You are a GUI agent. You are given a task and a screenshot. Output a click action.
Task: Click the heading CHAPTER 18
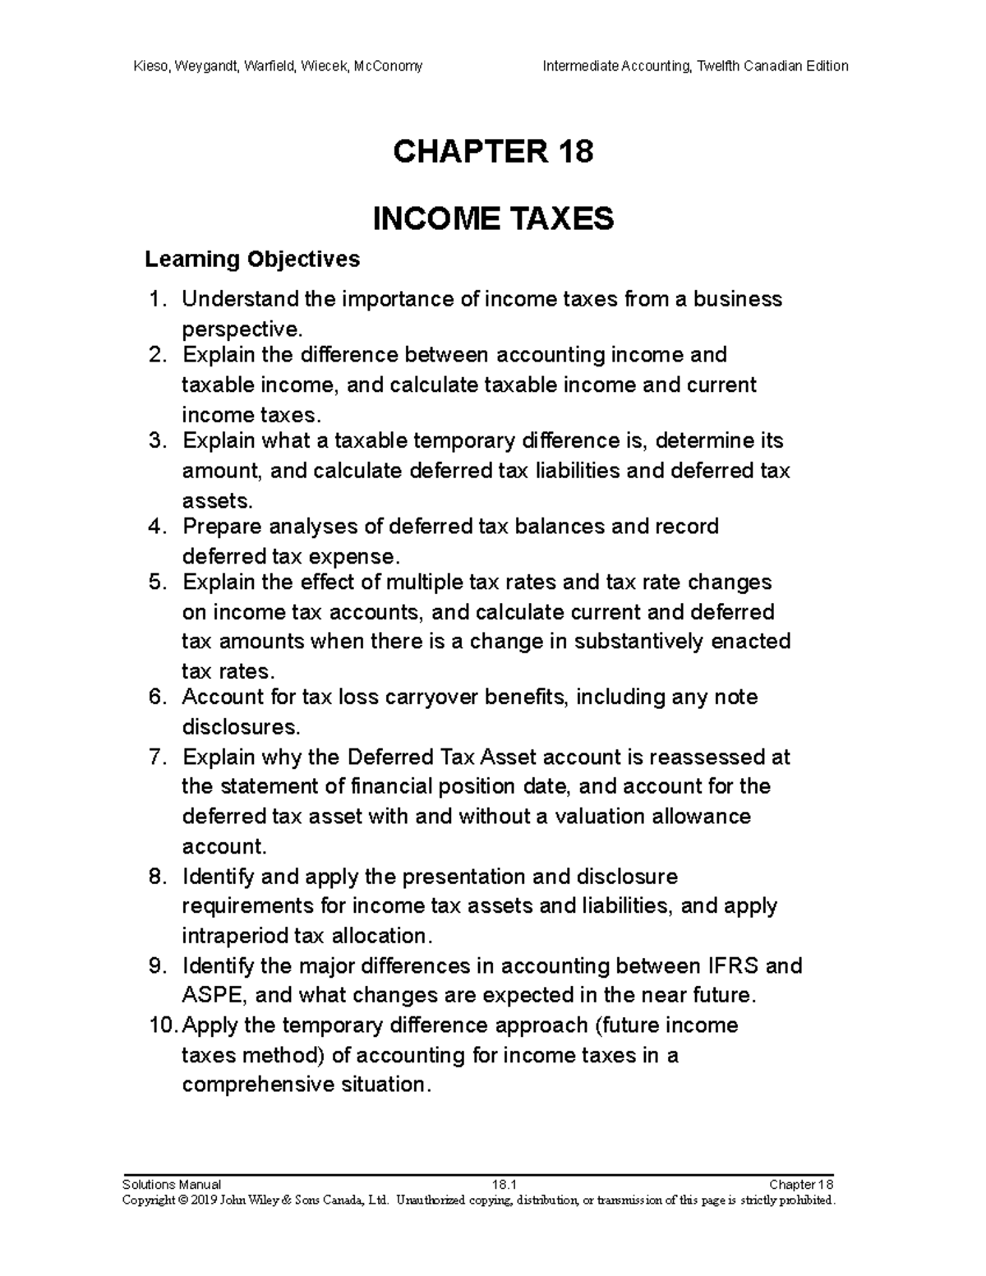point(493,152)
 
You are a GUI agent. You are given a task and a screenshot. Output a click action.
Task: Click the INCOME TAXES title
point(493,219)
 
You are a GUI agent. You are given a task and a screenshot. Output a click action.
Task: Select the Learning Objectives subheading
point(252,260)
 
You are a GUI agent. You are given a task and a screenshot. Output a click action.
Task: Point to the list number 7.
point(159,757)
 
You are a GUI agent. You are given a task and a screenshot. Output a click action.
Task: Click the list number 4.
point(159,527)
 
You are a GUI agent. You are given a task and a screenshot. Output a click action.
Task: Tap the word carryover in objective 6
point(432,698)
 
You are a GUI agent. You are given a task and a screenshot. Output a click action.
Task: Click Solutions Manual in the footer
point(171,1184)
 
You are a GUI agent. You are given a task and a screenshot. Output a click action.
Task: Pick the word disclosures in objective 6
point(239,727)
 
